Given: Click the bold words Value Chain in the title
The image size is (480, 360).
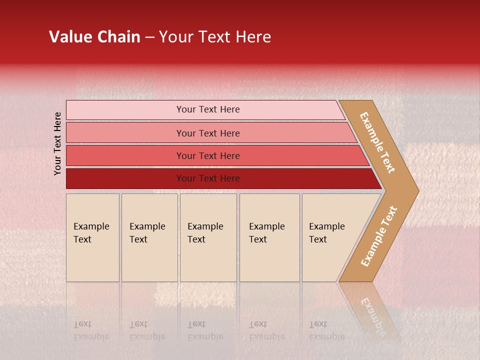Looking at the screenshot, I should point(94,37).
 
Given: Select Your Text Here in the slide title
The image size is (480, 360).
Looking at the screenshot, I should point(215,37).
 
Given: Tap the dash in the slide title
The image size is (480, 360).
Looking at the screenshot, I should point(149,37).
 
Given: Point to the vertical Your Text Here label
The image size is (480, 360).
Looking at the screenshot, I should point(57,143).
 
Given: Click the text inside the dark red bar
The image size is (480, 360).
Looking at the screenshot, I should point(208,178).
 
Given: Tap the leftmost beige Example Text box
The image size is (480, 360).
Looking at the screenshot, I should point(92,237).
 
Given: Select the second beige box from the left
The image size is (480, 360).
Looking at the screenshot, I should point(149,237).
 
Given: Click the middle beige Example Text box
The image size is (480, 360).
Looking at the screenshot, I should point(208,237).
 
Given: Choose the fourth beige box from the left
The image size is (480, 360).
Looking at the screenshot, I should point(269,237).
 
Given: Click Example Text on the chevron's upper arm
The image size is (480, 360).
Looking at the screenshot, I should point(377,143).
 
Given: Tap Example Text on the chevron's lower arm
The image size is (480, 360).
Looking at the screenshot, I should point(379,236).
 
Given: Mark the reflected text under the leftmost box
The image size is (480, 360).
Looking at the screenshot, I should point(91,330).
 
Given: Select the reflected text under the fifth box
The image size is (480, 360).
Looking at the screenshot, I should point(326,330).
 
